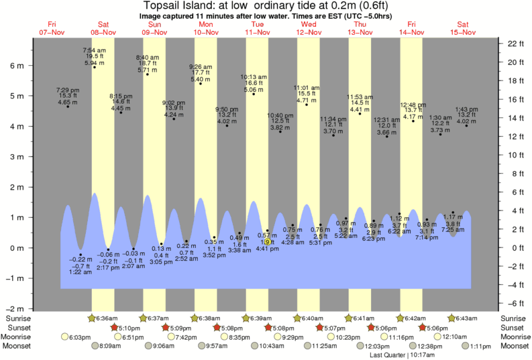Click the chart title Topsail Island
tap(266, 6)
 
